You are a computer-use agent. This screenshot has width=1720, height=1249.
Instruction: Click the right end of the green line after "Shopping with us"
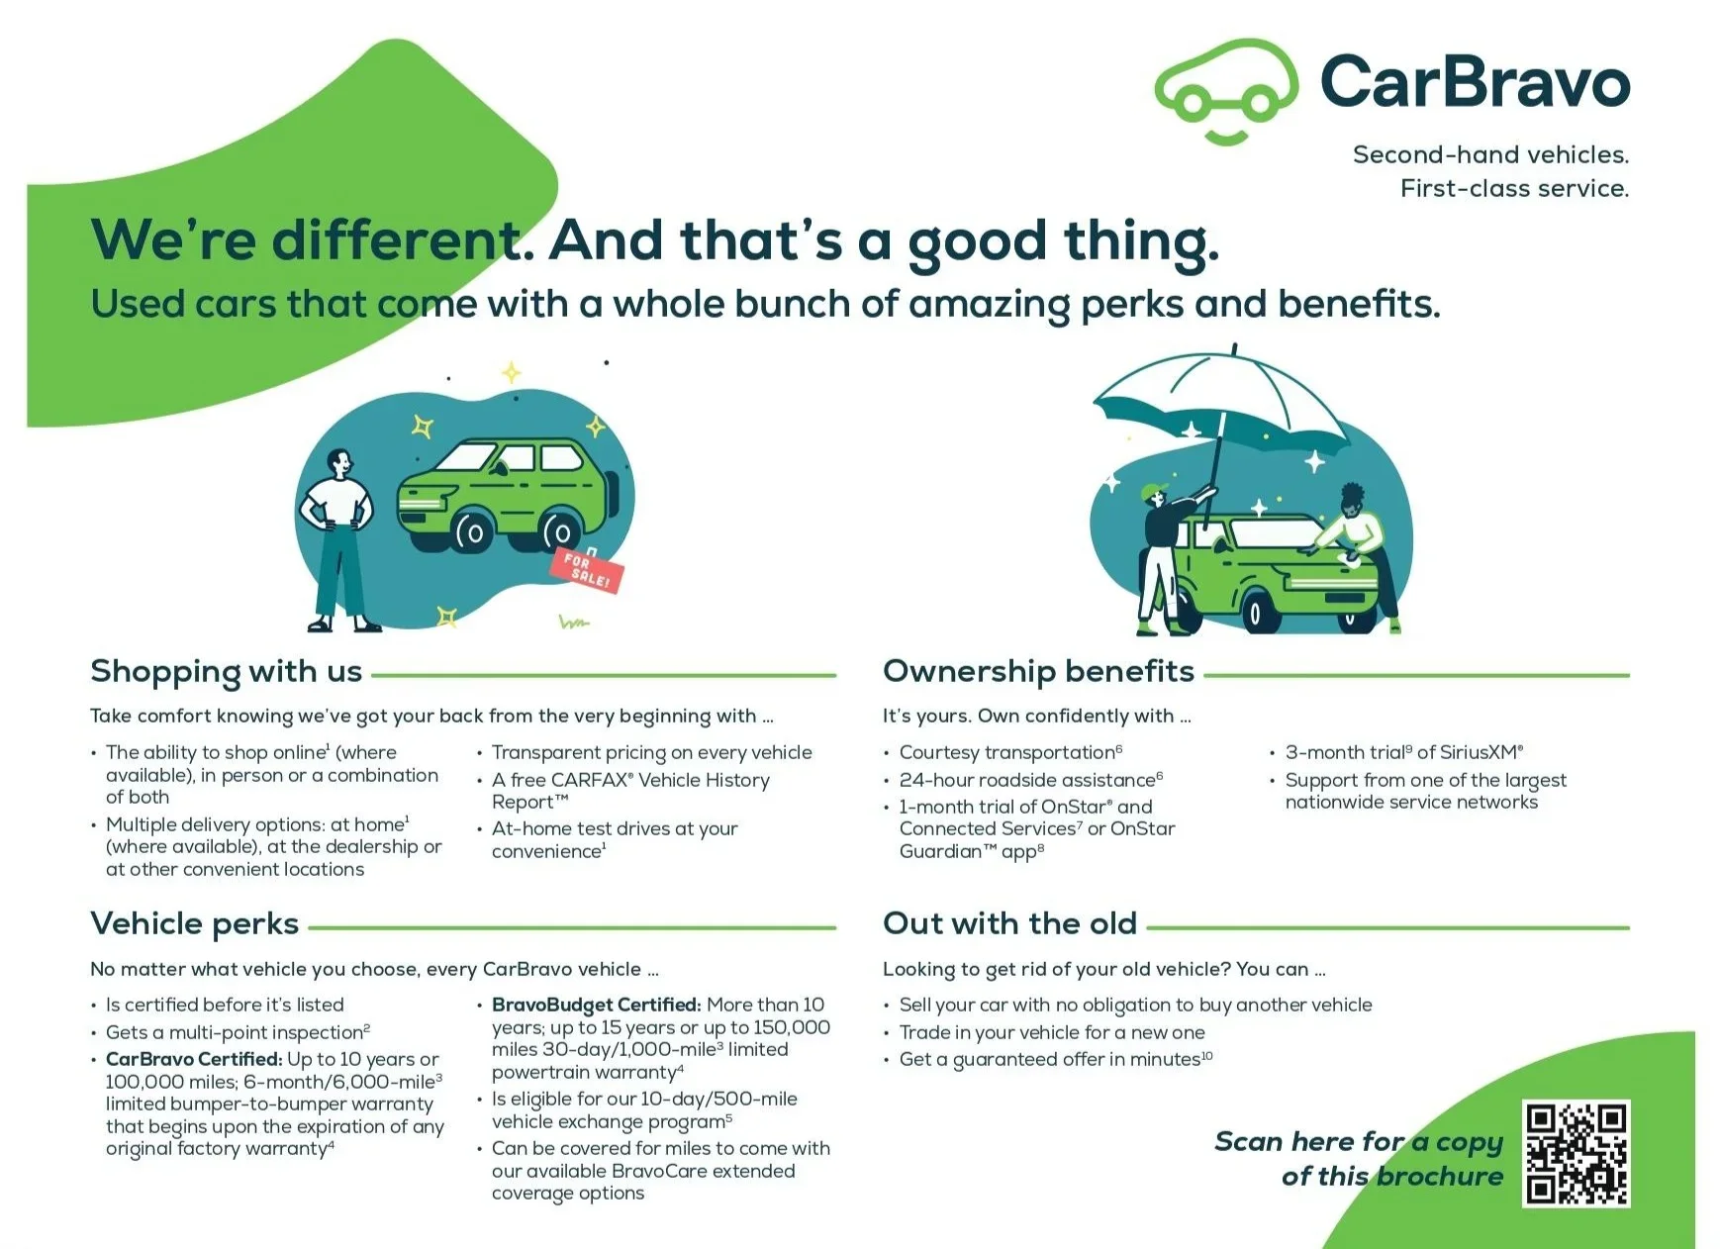pyautogui.click(x=836, y=675)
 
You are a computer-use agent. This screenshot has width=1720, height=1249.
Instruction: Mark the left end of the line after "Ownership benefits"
pyautogui.click(x=1204, y=675)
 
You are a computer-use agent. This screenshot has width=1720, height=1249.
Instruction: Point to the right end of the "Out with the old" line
pyautogui.click(x=1629, y=927)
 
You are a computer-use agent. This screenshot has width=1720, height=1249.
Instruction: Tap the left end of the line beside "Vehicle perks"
pyautogui.click(x=309, y=927)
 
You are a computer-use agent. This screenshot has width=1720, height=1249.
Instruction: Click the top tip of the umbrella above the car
pyautogui.click(x=1234, y=344)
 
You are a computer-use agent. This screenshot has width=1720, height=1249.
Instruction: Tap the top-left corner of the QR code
pyautogui.click(x=1523, y=1101)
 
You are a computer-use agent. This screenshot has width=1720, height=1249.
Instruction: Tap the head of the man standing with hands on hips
pyautogui.click(x=340, y=463)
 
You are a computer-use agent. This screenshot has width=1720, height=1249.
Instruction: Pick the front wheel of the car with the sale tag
pyautogui.click(x=471, y=532)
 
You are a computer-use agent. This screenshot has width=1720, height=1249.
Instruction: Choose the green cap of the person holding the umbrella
pyautogui.click(x=1153, y=491)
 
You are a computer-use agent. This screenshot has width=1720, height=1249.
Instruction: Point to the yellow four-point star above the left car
pyautogui.click(x=511, y=372)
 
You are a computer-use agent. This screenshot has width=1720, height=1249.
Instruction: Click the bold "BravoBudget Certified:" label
pyautogui.click(x=597, y=1005)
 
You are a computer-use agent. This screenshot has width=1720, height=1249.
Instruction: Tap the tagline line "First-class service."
pyautogui.click(x=1514, y=188)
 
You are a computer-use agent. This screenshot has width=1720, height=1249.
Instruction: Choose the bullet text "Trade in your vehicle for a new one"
pyautogui.click(x=1052, y=1032)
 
